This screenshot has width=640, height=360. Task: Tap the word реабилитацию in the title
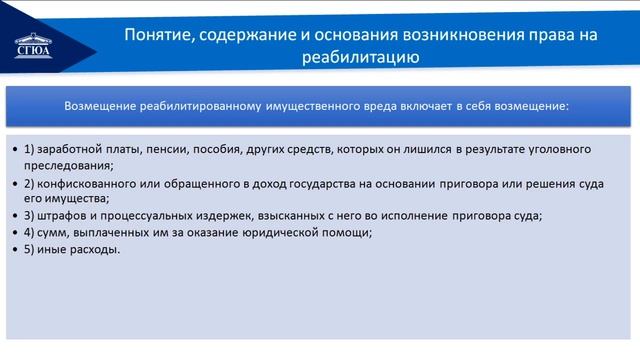point(358,58)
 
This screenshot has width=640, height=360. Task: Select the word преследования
point(68,165)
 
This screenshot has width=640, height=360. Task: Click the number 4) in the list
point(30,232)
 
